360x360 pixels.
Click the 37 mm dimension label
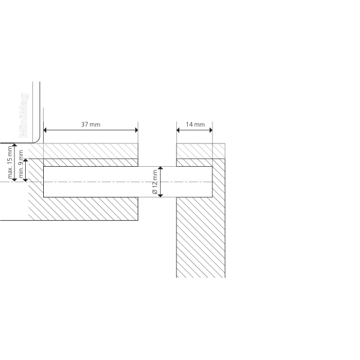coord(91,124)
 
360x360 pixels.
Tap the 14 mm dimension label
coord(195,124)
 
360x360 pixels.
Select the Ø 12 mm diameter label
coord(155,182)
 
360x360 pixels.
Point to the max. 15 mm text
coord(10,162)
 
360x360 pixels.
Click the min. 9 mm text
coord(20,164)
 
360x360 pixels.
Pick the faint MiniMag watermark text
coord(24,115)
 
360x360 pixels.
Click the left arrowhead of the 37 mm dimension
coord(45,130)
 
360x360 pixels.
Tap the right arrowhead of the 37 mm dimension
coord(136,130)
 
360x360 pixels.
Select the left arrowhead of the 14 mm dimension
coord(178,130)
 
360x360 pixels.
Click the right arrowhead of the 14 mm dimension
coord(211,130)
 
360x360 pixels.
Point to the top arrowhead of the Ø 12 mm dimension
coord(160,168)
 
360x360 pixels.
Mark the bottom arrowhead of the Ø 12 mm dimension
coord(160,196)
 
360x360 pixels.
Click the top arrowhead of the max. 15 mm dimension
coord(14,145)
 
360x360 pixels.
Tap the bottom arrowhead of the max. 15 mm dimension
coord(14,180)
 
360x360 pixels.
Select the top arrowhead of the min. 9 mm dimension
coord(25,160)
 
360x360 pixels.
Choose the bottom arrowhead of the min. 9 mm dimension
coord(25,180)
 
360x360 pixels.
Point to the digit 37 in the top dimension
coord(85,124)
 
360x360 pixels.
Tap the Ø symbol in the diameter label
coord(155,192)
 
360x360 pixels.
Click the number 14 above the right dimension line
coord(189,124)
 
